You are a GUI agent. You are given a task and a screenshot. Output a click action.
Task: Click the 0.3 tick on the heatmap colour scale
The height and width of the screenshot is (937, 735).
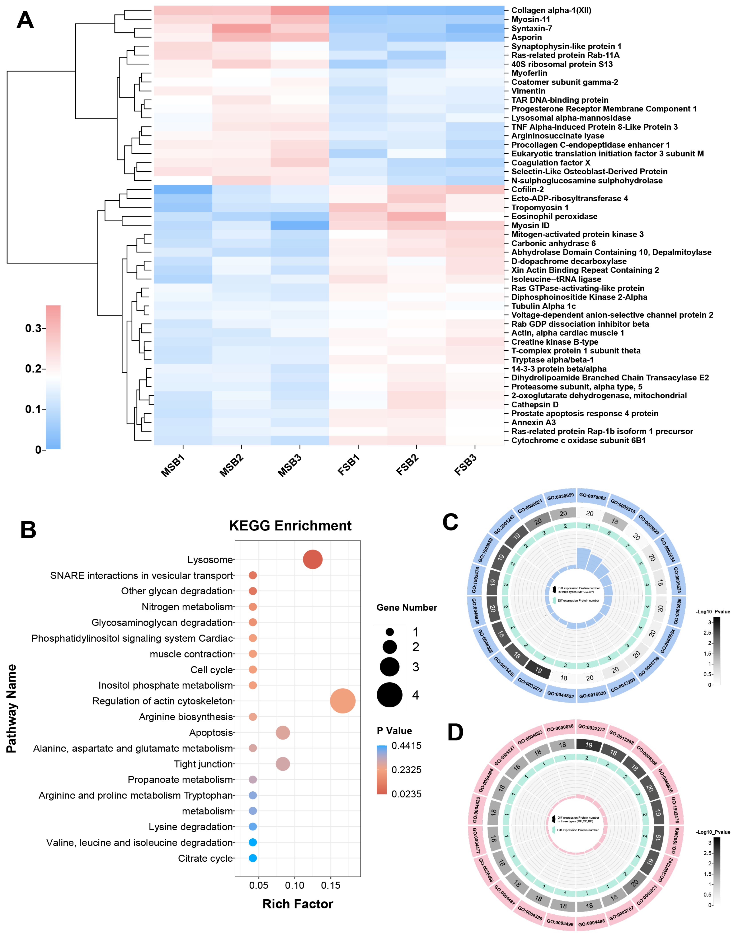click(33, 328)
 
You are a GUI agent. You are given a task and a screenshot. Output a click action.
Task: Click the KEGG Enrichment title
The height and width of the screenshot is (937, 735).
click(290, 525)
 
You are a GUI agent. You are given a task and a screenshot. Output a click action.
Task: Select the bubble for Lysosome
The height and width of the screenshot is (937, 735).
click(313, 560)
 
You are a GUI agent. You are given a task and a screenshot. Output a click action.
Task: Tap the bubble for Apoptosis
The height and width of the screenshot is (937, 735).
click(283, 732)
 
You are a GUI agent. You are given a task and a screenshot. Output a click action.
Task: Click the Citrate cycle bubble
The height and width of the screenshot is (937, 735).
click(253, 858)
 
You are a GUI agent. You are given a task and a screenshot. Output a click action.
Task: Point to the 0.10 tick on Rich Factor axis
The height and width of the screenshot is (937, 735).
click(295, 885)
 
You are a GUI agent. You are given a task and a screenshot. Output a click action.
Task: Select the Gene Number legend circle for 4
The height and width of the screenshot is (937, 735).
click(390, 695)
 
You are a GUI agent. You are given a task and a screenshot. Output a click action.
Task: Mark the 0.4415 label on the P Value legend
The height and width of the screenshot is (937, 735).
click(406, 746)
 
